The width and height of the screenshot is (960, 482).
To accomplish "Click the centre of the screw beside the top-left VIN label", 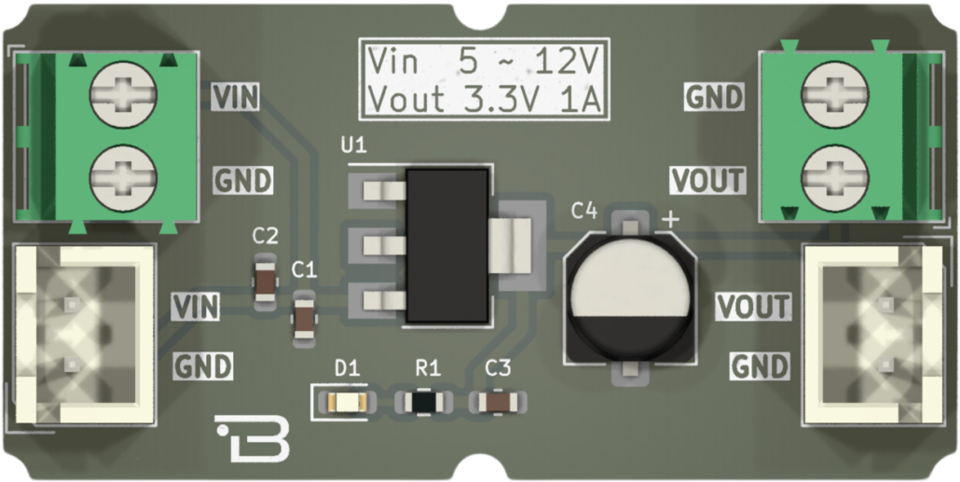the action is (x=123, y=94).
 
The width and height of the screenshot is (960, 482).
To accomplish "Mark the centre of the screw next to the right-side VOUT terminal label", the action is (x=834, y=178).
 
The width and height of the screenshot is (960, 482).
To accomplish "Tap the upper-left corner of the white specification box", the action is (x=360, y=38).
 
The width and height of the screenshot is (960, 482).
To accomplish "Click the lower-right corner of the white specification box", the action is (x=610, y=120).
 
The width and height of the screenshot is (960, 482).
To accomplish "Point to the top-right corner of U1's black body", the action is (x=488, y=170).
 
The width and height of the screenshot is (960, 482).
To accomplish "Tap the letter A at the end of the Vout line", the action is (x=590, y=100).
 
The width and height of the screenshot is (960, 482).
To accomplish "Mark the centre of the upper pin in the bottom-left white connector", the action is (x=73, y=303).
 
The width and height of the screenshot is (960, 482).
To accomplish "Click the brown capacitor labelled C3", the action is (x=498, y=403).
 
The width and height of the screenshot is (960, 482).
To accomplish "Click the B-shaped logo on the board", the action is (x=253, y=438).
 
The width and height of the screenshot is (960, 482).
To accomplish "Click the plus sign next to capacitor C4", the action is (x=671, y=220).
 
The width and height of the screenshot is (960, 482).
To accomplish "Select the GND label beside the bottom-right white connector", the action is (x=760, y=367).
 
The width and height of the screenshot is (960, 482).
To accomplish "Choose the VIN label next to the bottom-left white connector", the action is (x=196, y=306).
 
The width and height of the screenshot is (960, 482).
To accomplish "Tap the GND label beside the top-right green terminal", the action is (x=714, y=96).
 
